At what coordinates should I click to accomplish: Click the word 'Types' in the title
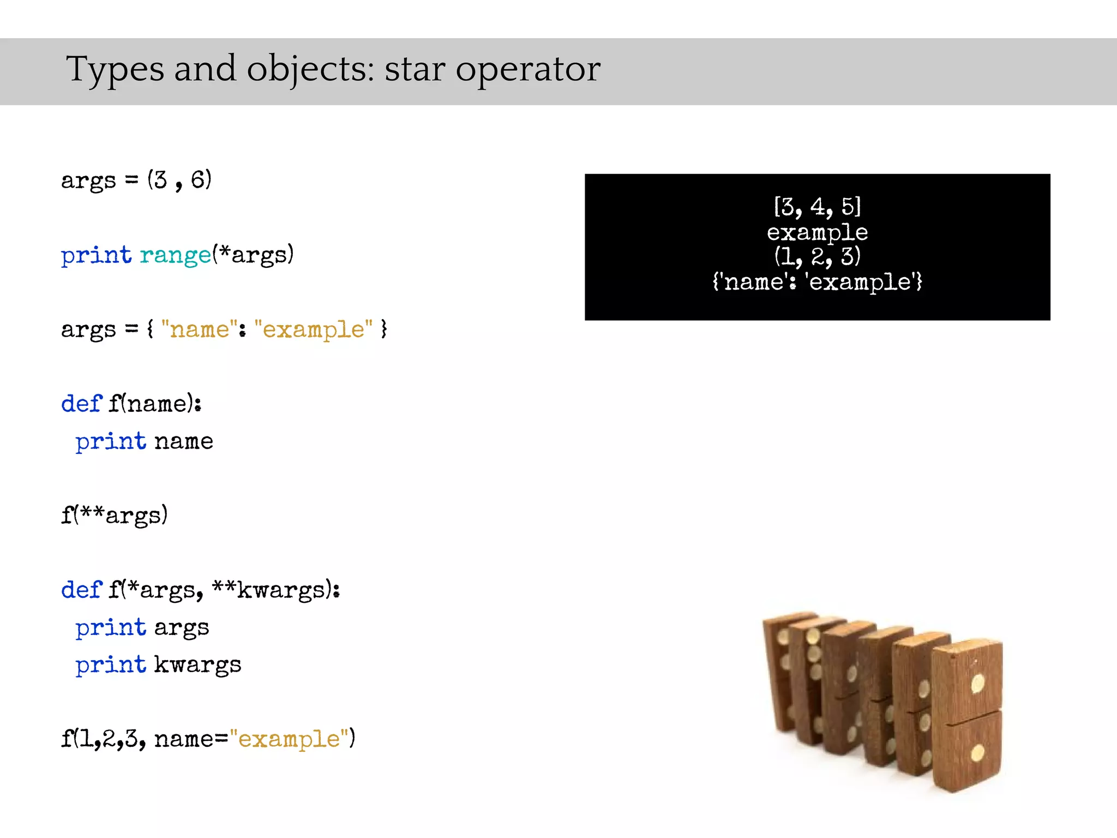(x=115, y=70)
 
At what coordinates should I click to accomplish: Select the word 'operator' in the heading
(x=527, y=70)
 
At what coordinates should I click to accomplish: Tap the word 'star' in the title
(x=415, y=70)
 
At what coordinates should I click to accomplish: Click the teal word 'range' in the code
(x=175, y=255)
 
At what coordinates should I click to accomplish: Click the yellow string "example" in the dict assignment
(x=313, y=330)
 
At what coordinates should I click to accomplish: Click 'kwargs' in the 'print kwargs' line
(x=197, y=665)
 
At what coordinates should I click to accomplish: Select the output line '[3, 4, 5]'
(x=817, y=207)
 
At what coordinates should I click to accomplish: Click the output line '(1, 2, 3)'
(x=817, y=256)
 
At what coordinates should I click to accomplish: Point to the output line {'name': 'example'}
(x=817, y=282)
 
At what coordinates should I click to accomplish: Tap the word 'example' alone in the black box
(x=817, y=232)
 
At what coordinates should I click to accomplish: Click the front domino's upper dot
(x=977, y=683)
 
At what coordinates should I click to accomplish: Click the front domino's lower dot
(x=977, y=753)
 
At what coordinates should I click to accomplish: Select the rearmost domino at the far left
(x=777, y=671)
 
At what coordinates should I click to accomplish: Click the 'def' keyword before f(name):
(x=81, y=404)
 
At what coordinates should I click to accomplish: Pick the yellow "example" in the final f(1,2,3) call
(x=289, y=739)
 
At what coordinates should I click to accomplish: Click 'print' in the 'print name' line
(x=111, y=441)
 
